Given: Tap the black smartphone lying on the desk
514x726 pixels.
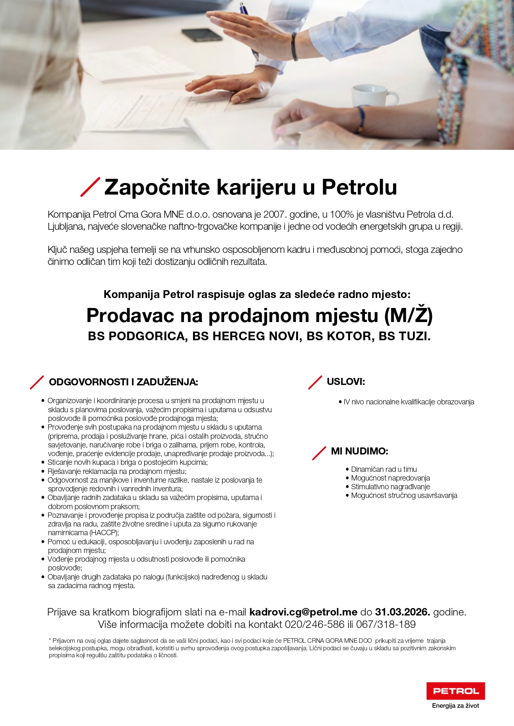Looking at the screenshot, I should (202, 34).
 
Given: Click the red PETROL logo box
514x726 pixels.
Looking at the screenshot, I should (456, 691).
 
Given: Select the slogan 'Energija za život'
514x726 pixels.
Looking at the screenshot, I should (455, 706).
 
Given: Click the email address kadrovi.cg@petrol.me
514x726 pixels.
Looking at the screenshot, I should (303, 612).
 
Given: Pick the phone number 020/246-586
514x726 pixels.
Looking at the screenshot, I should (314, 624).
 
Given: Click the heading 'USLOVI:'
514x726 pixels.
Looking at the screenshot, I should (346, 382).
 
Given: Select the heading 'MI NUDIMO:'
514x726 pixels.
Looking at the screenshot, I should (360, 451).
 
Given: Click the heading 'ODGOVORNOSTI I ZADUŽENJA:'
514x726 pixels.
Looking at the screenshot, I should (123, 382).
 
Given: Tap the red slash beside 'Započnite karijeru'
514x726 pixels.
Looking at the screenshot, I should (90, 187).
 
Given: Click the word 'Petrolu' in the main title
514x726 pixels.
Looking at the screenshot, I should (359, 187).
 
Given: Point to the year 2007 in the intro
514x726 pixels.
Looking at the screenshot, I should (273, 214).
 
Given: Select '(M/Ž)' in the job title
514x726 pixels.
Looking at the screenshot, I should (408, 315).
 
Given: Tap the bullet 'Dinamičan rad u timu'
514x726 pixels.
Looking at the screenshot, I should (384, 469).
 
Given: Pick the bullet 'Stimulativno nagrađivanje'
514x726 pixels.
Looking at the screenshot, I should (390, 487).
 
